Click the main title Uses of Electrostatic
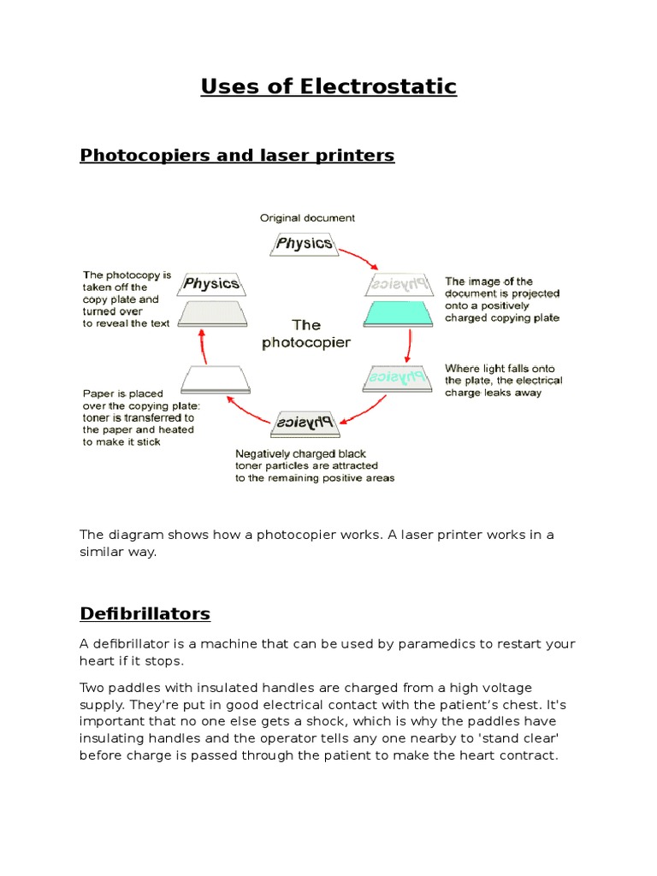coord(328,86)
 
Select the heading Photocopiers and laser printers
coord(237,155)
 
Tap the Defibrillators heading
coord(145,613)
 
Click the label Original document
coord(307,218)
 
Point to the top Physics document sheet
coord(304,244)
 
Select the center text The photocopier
coord(307,334)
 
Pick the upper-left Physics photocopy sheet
coord(211,284)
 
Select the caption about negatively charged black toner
coord(315,466)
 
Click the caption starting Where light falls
coord(503,381)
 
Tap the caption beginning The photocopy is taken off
coord(127,299)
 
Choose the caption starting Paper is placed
coord(140,418)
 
